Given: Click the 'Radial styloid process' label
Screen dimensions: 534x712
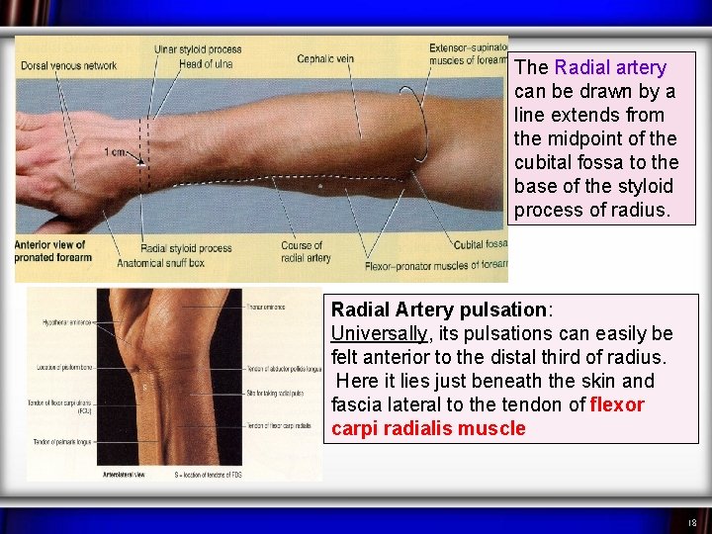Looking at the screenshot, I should pos(186,248).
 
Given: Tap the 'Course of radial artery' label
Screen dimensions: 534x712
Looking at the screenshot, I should pos(302,252).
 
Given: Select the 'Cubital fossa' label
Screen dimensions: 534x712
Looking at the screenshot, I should pos(480,244).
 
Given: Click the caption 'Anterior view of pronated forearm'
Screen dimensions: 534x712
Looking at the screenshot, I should pos(51,251).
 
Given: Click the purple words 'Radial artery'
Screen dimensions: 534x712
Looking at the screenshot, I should pos(610,67).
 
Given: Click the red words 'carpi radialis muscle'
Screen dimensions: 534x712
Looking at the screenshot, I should pos(428,428).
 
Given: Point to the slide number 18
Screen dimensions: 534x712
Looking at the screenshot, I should pos(691,522).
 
